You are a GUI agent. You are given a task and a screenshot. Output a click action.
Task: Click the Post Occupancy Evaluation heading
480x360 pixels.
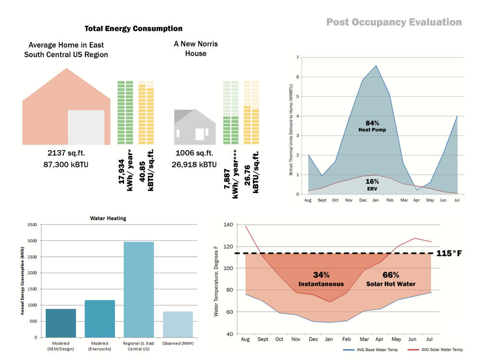(394, 23)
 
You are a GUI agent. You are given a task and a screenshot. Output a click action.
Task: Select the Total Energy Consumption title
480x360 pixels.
(133, 29)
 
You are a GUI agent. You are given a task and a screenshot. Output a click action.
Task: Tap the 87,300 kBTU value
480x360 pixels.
(66, 165)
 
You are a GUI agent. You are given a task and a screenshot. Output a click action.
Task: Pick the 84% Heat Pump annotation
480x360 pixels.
(372, 126)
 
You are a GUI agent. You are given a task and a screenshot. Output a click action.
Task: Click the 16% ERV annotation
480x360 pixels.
(372, 184)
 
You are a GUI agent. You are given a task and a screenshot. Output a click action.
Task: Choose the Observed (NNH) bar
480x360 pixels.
(178, 324)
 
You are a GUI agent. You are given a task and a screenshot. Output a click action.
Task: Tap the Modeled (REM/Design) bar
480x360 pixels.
(61, 323)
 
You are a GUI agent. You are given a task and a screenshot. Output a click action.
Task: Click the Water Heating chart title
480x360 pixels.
(108, 218)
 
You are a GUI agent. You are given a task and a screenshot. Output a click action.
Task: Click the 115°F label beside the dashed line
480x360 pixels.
(449, 253)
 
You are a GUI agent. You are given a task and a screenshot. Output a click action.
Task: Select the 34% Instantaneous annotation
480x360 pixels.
(314, 279)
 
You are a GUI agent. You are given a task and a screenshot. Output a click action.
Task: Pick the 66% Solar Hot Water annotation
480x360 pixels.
(391, 279)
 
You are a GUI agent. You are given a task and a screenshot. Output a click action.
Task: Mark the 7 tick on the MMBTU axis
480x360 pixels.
(298, 58)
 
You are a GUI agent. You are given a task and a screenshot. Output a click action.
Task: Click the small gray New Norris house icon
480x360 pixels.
(194, 127)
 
